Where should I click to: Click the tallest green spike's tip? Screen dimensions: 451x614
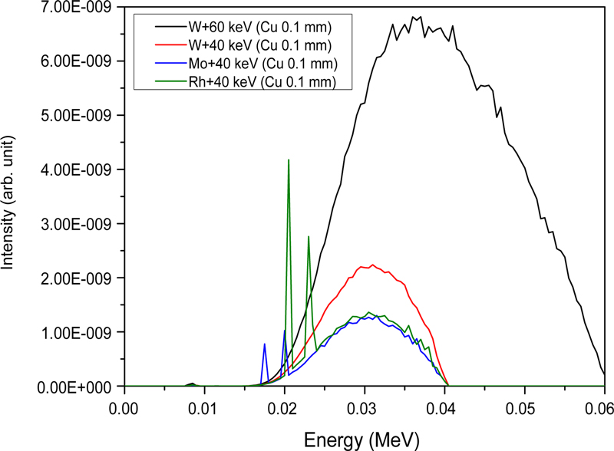tap(289, 160)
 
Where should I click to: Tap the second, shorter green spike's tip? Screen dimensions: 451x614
tap(309, 236)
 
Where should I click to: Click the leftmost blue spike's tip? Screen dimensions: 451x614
tap(265, 344)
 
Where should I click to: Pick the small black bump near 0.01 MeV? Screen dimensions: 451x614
tap(193, 383)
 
